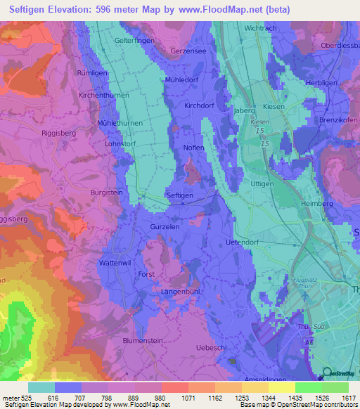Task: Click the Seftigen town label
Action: [x=179, y=195]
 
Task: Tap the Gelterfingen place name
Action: [x=134, y=41]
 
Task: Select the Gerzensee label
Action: [x=187, y=52]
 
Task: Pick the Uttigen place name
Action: [x=262, y=183]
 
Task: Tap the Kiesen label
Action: [x=274, y=106]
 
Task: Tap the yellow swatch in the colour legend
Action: [x=282, y=387]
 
